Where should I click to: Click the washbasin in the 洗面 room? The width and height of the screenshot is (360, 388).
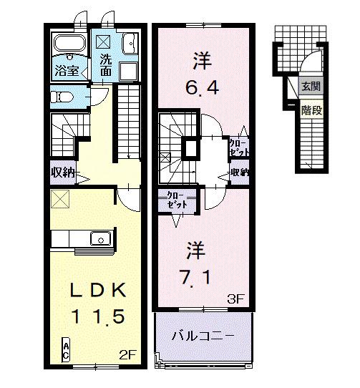coord(131,45)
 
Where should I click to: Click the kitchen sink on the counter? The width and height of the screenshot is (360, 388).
coord(99,238)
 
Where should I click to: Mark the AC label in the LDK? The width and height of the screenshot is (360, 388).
coord(66,350)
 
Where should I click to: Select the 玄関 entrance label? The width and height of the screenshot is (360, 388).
coord(311,87)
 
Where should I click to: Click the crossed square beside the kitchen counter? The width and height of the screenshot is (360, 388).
coord(59,200)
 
